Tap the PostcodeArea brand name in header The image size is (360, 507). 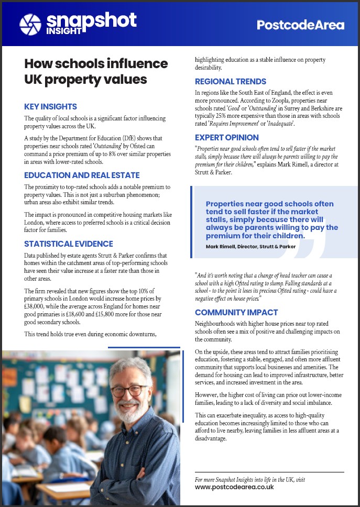click(x=300, y=25)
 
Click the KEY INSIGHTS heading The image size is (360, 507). click(x=51, y=106)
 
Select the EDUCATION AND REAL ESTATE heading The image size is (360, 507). click(x=82, y=175)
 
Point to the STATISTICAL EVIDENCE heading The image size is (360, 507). click(x=69, y=244)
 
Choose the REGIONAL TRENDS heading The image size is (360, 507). click(x=231, y=82)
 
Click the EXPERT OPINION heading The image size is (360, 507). click(x=227, y=137)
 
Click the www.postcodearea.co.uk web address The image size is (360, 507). click(x=234, y=487)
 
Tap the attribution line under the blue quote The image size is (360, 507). click(x=250, y=246)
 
